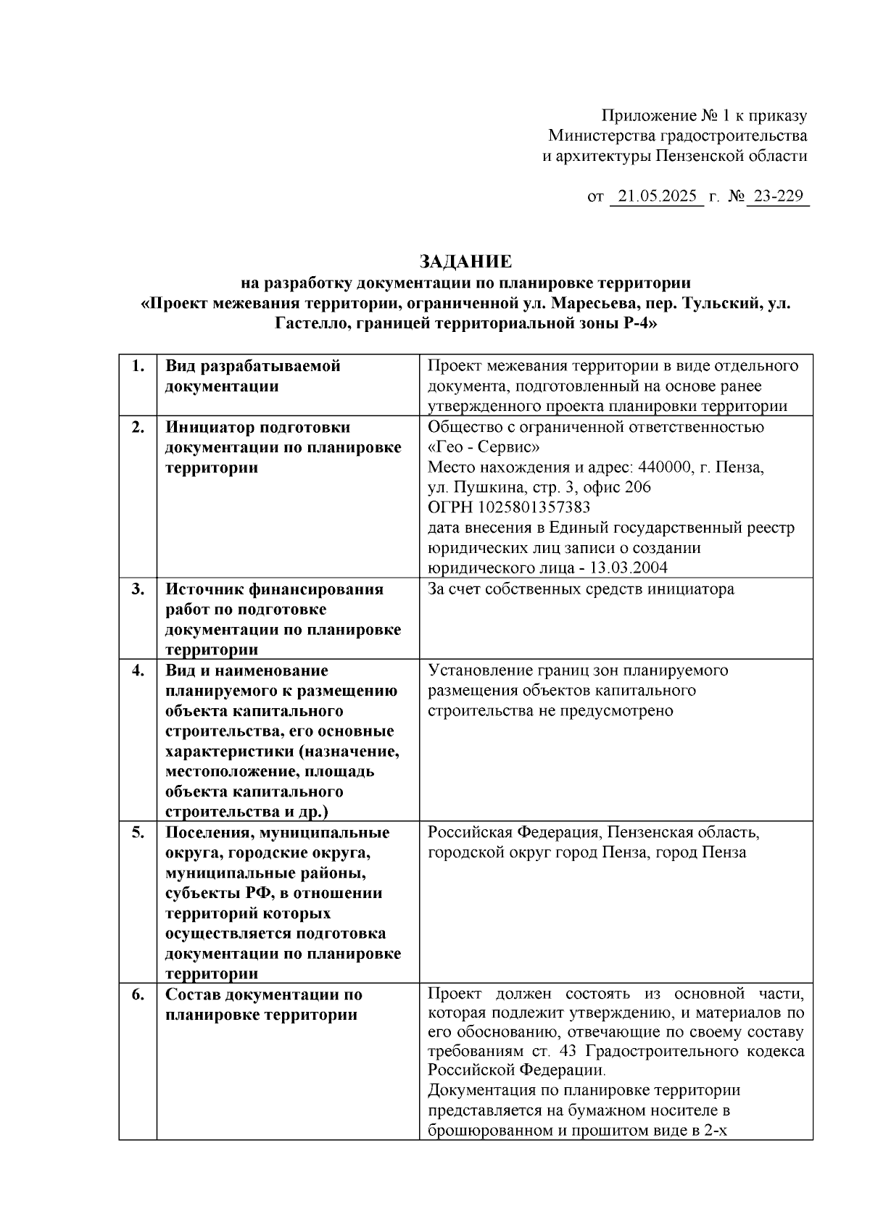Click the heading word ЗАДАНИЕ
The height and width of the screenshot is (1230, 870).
465,262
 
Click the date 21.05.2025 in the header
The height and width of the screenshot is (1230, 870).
657,196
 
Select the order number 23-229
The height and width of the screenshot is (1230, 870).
777,196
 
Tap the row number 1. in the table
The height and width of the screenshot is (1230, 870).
138,366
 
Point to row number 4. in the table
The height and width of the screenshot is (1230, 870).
138,670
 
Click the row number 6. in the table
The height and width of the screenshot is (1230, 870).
138,994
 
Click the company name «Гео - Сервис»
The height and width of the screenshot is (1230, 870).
484,446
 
